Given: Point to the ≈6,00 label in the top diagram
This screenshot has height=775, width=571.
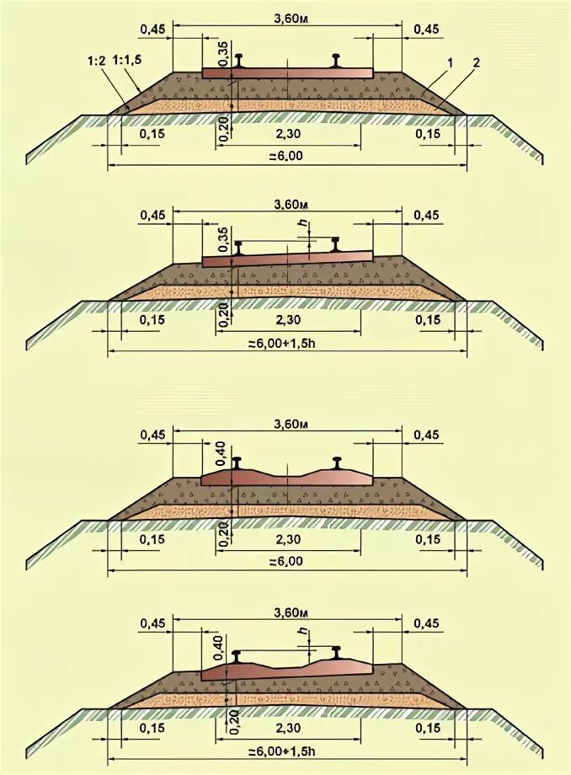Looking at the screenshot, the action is point(286,156).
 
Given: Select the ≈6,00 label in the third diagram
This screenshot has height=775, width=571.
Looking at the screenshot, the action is point(286,561).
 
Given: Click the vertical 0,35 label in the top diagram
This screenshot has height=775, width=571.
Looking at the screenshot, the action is point(223,52).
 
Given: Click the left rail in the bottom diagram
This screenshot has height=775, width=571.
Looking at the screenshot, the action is point(240,655).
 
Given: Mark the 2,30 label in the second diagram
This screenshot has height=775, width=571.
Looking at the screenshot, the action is point(287,321).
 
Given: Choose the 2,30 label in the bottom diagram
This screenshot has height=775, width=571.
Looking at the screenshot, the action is point(287,727).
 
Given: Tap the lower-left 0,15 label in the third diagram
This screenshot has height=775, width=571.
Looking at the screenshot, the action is point(151,539).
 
